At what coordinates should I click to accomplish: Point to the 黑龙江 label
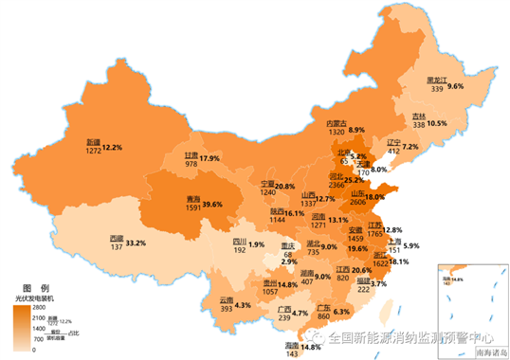tap(436, 80)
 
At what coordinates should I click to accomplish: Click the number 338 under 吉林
tap(418, 124)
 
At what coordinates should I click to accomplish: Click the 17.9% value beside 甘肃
tap(210, 158)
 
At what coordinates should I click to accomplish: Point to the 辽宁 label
tap(392, 141)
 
